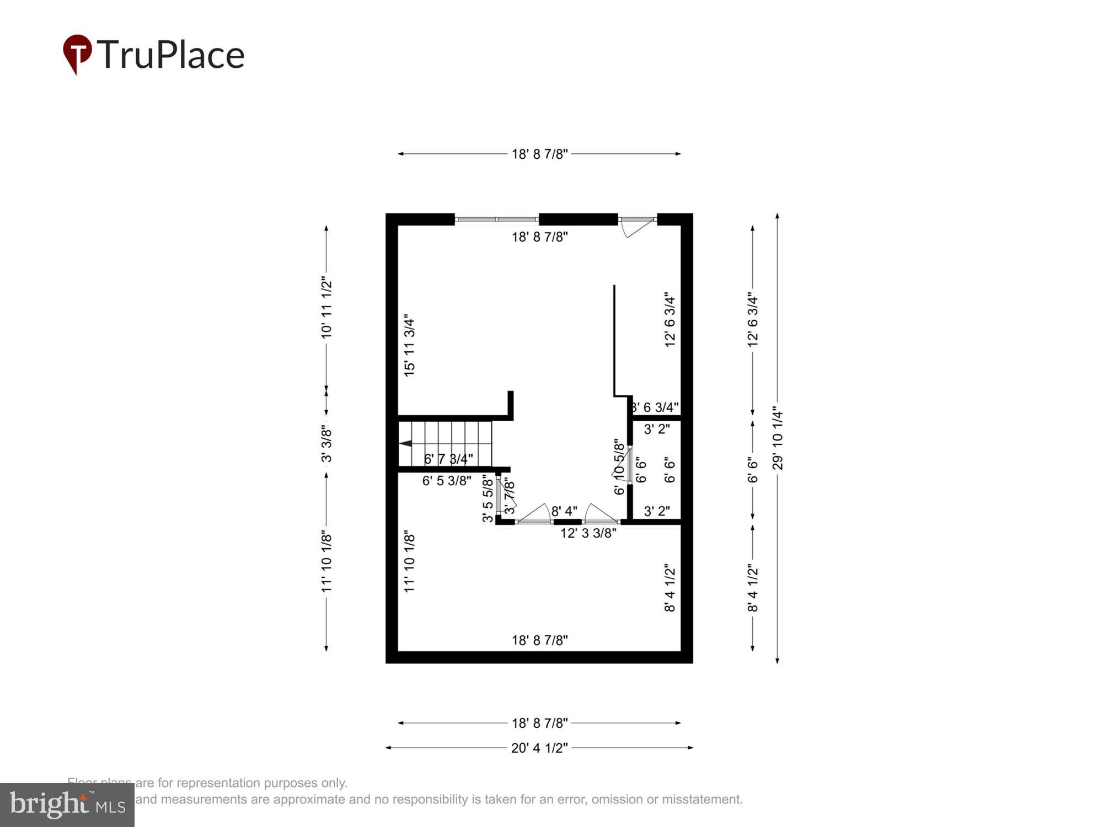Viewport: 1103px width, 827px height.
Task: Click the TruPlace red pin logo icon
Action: tap(77, 53)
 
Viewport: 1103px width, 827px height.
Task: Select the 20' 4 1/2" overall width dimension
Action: tap(539, 748)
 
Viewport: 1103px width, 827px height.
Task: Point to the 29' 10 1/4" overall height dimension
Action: tap(777, 438)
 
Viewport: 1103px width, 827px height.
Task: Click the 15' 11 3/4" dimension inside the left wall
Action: tap(409, 346)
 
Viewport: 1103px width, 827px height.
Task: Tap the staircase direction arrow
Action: tap(405, 443)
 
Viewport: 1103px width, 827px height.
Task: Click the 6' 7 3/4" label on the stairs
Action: tap(448, 459)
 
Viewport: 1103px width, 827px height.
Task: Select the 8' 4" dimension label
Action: tap(564, 511)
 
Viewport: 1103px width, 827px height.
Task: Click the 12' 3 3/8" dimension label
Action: tap(588, 533)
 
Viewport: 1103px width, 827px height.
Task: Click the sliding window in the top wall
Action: tap(496, 219)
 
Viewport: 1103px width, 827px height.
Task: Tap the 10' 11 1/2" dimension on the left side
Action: tap(326, 308)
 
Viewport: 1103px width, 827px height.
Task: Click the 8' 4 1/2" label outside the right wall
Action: tap(753, 588)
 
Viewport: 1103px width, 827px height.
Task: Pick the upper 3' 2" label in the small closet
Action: tap(657, 429)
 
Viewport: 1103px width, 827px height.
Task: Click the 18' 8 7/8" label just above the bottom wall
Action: tap(539, 640)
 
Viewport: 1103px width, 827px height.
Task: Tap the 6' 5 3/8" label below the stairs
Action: tap(447, 481)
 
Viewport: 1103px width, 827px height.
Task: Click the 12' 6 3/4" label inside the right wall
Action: tap(670, 320)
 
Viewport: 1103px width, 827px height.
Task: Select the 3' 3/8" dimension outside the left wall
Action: tap(326, 443)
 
